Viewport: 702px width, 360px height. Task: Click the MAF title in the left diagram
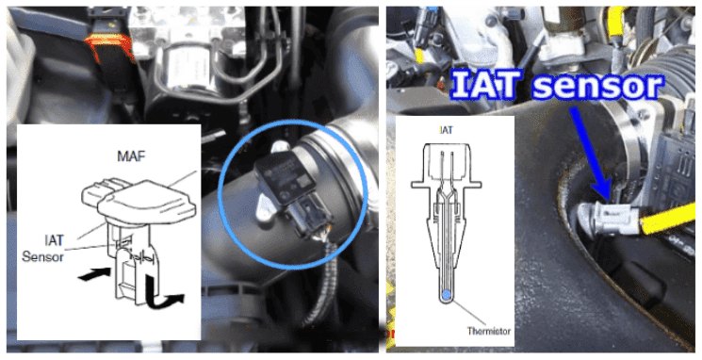coord(131,156)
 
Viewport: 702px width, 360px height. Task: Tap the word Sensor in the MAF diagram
coord(42,256)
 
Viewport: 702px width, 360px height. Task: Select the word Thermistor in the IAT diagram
coord(489,332)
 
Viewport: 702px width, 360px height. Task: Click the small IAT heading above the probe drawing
coord(447,130)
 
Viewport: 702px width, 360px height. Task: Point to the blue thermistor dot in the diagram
coord(447,294)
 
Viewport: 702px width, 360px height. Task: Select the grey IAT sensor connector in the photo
coord(610,218)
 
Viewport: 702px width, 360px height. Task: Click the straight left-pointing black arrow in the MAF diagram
coord(94,274)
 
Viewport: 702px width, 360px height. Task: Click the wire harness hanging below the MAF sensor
coord(320,282)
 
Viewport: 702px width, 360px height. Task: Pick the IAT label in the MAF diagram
coord(54,240)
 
